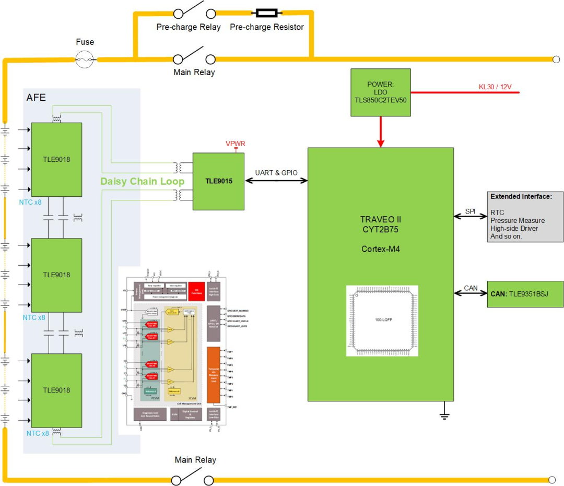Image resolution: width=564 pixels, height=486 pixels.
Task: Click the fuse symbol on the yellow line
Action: pyautogui.click(x=85, y=60)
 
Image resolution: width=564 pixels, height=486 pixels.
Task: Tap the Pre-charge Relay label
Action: pyautogui.click(x=189, y=27)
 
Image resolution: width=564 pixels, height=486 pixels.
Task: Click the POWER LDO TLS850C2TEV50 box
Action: pyautogui.click(x=380, y=92)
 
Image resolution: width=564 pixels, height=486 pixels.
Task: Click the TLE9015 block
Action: pyautogui.click(x=218, y=181)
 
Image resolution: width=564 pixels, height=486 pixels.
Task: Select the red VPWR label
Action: pyautogui.click(x=235, y=144)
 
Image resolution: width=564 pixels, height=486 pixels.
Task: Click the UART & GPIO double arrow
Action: pyautogui.click(x=276, y=181)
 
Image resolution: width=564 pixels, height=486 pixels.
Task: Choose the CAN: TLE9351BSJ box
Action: pyautogui.click(x=525, y=294)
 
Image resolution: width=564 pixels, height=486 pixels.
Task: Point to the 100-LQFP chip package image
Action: pyautogui.click(x=382, y=321)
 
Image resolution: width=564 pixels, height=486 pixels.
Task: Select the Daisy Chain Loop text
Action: pyautogui.click(x=143, y=181)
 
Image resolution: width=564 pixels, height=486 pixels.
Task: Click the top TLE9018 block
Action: pyautogui.click(x=56, y=159)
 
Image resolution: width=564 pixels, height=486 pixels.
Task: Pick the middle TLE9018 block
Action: pyautogui.click(x=56, y=275)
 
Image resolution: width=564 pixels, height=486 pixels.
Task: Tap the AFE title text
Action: pyautogui.click(x=37, y=98)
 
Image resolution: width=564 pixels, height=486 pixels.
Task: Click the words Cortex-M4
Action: pyautogui.click(x=380, y=249)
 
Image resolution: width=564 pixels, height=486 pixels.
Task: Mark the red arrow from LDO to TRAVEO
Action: pyautogui.click(x=381, y=132)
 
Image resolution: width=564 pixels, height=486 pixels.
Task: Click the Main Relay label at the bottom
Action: pyautogui.click(x=195, y=460)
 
